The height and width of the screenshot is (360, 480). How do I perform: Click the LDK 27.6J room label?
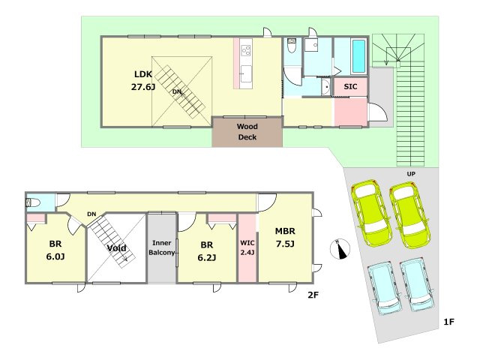(143, 80)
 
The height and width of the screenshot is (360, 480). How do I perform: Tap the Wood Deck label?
(247, 132)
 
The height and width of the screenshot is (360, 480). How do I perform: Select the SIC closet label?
(350, 87)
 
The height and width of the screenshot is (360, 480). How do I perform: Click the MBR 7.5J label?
(285, 237)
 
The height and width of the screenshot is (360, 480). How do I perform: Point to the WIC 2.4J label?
(247, 247)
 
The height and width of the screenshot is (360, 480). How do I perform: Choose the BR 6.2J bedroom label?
(207, 251)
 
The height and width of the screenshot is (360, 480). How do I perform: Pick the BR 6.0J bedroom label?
(55, 250)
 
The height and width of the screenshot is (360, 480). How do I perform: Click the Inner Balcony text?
(162, 247)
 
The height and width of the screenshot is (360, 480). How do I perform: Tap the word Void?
(117, 248)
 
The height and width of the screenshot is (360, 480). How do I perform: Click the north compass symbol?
(340, 248)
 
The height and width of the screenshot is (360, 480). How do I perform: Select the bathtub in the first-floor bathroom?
(358, 56)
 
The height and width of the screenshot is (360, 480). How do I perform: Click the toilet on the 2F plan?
(33, 202)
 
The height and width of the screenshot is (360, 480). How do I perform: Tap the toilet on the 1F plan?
(292, 45)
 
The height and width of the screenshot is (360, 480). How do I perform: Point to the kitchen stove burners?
(246, 50)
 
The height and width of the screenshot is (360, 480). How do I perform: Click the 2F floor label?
(313, 295)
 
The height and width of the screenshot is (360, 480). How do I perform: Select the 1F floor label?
(448, 322)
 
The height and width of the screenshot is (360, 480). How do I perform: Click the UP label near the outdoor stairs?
(411, 174)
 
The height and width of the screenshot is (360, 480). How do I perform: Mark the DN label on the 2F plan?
(91, 214)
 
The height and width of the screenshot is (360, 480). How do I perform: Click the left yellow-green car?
(372, 212)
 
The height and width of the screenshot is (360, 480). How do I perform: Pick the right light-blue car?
(417, 285)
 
